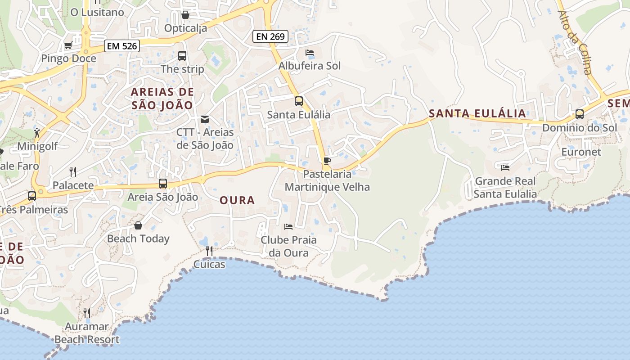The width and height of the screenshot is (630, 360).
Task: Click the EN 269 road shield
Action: (270, 36)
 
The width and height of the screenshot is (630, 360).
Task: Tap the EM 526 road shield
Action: (121, 45)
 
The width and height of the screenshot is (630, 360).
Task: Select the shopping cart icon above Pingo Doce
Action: (68, 45)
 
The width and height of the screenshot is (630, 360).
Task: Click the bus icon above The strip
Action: (182, 56)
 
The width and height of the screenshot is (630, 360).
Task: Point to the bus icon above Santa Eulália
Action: (298, 101)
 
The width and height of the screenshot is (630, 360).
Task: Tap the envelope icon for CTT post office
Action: (205, 119)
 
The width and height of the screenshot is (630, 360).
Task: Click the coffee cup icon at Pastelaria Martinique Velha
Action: (327, 161)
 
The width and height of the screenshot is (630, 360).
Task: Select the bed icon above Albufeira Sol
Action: (310, 53)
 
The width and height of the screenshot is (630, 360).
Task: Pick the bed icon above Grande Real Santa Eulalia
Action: (505, 168)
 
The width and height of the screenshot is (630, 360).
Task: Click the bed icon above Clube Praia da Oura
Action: (288, 226)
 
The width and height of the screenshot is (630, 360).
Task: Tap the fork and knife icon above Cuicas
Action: (209, 251)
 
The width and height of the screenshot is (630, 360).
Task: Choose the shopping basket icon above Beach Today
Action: (138, 225)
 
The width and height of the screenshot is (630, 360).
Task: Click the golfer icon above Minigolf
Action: (37, 133)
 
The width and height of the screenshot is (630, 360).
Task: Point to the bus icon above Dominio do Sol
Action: (580, 114)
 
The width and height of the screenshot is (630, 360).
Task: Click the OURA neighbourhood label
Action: (237, 200)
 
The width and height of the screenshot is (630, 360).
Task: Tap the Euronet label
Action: (581, 152)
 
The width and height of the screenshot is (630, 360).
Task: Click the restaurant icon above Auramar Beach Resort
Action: (87, 313)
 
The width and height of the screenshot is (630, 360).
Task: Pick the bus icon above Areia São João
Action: (162, 184)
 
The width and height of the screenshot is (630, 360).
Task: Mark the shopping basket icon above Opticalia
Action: (185, 15)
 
